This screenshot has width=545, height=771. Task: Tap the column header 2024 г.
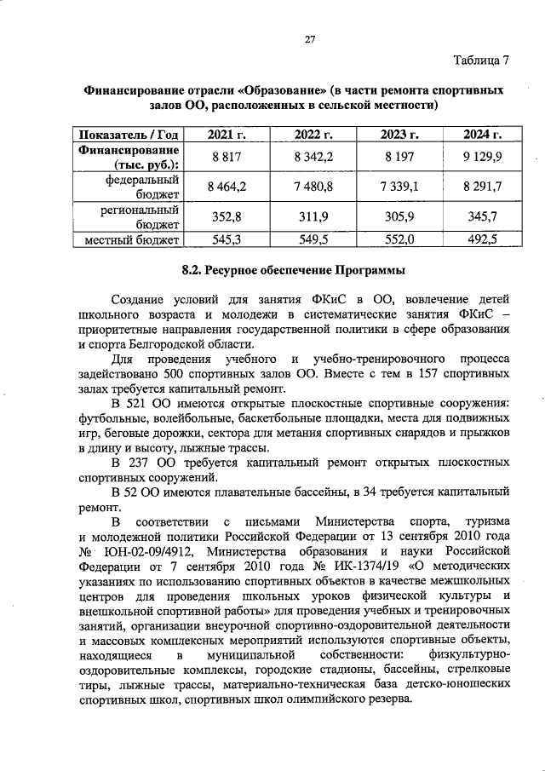(482, 134)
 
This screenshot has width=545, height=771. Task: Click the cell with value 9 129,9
(482, 157)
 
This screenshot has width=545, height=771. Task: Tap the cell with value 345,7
(482, 217)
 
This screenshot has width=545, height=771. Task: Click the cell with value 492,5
(482, 240)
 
